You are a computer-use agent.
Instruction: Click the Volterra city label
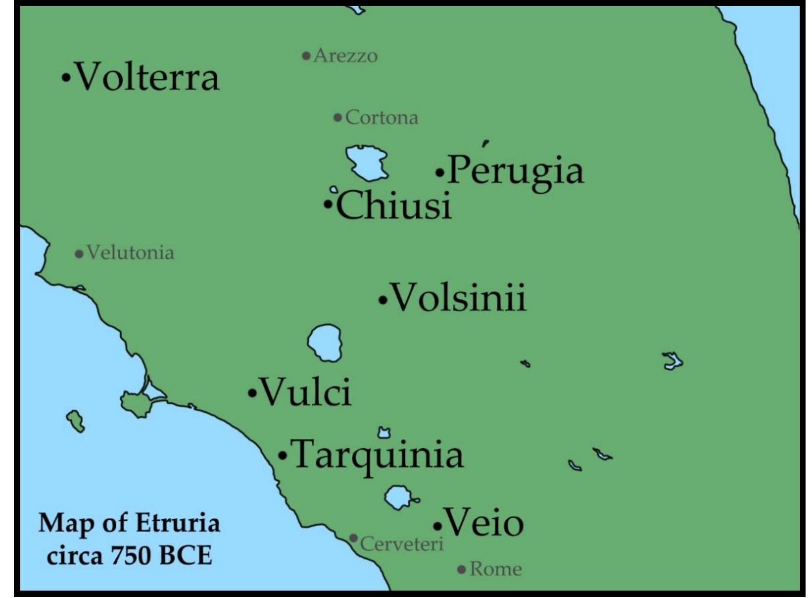(147, 77)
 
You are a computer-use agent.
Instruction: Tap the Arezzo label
(345, 55)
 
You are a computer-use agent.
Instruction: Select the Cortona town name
(382, 118)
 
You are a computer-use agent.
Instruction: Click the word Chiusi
(394, 205)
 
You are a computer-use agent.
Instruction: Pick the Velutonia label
(130, 253)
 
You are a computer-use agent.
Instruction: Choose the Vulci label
(306, 392)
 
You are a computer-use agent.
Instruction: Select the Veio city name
(484, 523)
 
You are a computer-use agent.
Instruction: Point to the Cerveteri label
(402, 544)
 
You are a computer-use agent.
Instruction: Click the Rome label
(495, 569)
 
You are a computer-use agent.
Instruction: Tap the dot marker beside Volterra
(65, 78)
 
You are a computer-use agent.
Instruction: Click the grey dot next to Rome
(462, 570)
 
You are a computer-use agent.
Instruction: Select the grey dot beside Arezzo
(306, 55)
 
